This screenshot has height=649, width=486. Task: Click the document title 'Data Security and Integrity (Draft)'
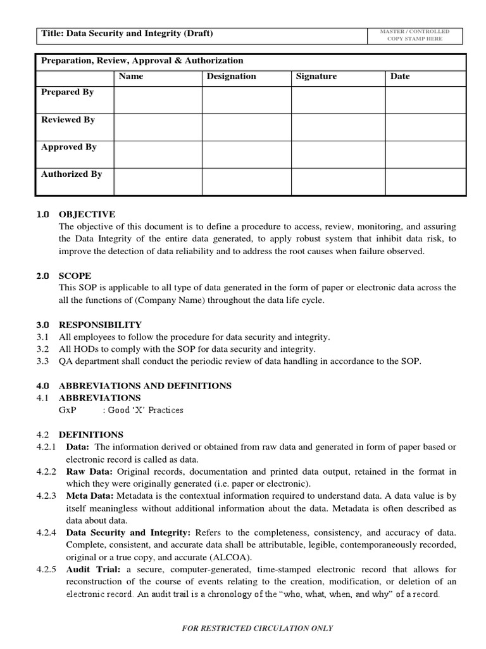[127, 34]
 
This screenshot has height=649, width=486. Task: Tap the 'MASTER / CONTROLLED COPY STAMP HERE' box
[414, 35]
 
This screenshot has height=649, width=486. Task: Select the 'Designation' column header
[232, 76]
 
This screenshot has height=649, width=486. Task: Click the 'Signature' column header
[316, 76]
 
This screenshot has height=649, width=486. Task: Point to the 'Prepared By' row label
[67, 92]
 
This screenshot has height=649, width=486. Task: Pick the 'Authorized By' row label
[71, 174]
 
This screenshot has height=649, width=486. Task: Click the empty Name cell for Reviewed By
[158, 127]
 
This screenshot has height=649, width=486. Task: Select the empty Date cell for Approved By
[425, 155]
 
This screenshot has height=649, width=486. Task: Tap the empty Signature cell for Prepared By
[338, 100]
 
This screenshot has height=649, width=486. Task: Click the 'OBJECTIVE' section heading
[87, 214]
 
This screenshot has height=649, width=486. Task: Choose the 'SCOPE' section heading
[75, 276]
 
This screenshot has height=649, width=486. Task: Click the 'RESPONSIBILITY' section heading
[100, 324]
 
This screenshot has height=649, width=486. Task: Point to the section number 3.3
[42, 361]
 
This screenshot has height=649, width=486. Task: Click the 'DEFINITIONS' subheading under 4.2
[91, 435]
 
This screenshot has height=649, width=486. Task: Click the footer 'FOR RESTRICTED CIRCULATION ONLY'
[257, 628]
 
